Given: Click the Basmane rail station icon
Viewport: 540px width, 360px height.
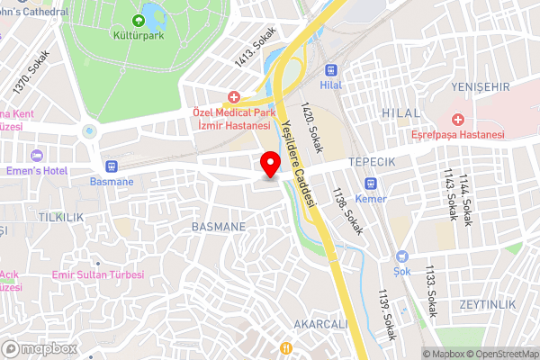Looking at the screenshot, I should [112, 166].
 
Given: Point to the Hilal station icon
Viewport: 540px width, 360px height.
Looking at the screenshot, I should [332, 69].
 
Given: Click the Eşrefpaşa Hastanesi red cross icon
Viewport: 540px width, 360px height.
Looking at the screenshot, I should [458, 119].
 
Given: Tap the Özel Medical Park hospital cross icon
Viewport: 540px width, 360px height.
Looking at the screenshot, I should [234, 96].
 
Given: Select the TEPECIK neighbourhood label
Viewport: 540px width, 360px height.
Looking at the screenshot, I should [373, 160].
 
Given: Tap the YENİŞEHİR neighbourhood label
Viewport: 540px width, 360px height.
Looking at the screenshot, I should [480, 86].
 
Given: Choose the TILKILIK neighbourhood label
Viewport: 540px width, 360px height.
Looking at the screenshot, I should [61, 218].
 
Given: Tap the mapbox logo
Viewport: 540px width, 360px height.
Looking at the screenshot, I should [39, 348].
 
